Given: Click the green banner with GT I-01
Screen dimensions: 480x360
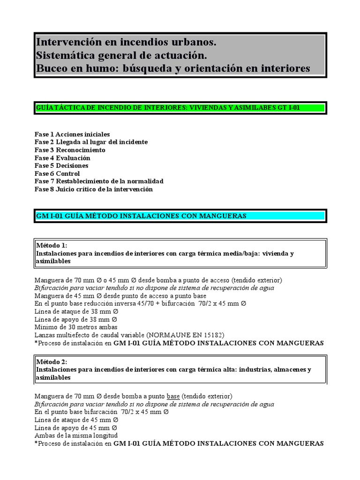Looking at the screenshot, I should point(180,108).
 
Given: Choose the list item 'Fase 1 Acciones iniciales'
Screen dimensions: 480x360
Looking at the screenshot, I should point(72,134).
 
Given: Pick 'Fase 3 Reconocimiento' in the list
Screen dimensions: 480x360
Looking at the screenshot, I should point(70,150).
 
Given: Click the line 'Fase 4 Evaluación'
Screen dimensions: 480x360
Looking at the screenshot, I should point(62,158).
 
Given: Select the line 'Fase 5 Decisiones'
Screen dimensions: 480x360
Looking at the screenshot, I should point(61,166).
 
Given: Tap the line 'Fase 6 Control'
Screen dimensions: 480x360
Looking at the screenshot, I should point(57,174).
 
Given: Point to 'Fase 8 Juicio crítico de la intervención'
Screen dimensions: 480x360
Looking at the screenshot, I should point(94,189).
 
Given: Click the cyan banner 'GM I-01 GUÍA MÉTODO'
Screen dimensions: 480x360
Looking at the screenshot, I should point(180,216).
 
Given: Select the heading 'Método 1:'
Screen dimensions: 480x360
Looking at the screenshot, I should point(52,245).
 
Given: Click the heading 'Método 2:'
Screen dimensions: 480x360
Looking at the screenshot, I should point(52,362).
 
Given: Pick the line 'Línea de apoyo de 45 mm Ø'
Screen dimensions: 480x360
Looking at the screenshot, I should point(76,427).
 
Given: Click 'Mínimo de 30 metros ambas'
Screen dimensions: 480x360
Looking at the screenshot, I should point(76,327).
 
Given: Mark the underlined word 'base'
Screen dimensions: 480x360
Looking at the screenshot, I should point(173,396).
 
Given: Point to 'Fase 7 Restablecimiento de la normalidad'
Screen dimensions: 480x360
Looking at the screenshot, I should point(99,181).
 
